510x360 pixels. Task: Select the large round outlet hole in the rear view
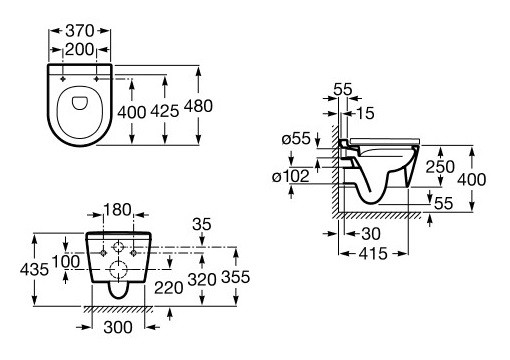click(x=118, y=267)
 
